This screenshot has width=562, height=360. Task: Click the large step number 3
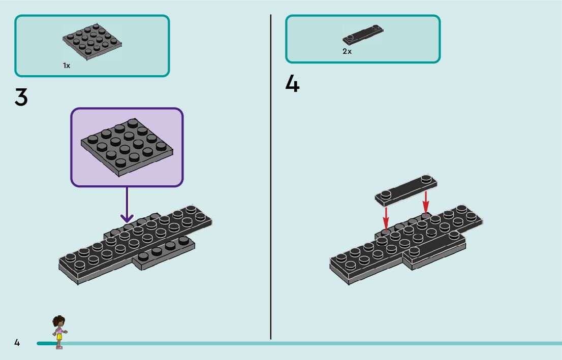click(21, 97)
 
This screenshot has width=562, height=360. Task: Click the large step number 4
click(292, 84)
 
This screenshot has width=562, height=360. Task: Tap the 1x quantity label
click(67, 66)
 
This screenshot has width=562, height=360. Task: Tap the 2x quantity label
click(347, 51)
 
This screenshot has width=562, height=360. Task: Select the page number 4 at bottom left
click(17, 343)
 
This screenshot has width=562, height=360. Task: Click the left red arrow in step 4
click(386, 217)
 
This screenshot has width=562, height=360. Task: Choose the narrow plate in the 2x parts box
click(363, 35)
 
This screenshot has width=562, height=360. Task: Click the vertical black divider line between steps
click(271, 178)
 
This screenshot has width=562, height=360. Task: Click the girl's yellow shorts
click(59, 336)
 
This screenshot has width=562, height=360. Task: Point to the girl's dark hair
click(59, 320)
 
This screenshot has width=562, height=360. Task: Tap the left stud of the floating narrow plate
click(386, 193)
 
